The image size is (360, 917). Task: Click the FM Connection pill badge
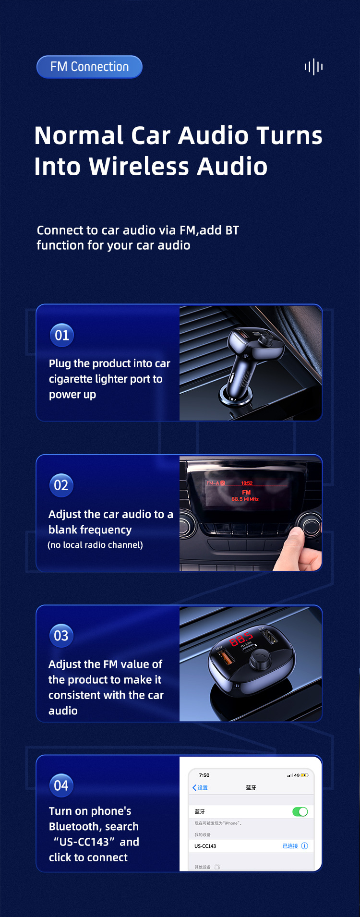pos(89,67)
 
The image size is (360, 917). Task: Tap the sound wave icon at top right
pos(313,67)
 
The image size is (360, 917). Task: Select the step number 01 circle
pos(62,335)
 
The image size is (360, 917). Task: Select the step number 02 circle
pos(61,485)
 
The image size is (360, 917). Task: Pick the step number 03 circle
pos(61,636)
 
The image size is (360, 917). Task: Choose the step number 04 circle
pos(61,785)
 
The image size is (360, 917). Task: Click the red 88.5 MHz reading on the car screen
pos(245,499)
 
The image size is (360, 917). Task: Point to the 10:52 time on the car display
pos(247,483)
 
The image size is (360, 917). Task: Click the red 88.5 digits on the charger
pos(241,639)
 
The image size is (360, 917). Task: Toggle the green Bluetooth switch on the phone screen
pos(300,812)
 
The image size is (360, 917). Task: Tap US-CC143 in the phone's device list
pos(205,846)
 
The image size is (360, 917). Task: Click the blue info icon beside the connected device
pos(304,846)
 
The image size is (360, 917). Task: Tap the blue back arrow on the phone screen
pos(194,788)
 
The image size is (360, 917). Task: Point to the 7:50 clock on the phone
pos(204,775)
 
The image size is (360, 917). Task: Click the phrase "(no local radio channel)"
pos(96,545)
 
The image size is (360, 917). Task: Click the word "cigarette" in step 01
pos(71,379)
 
